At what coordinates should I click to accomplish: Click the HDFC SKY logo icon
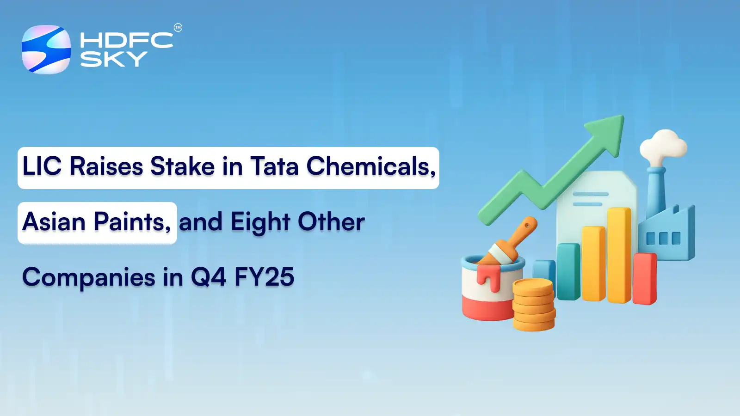pyautogui.click(x=46, y=49)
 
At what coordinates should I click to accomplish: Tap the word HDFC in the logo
pyautogui.click(x=126, y=40)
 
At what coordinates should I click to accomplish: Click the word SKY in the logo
pyautogui.click(x=114, y=59)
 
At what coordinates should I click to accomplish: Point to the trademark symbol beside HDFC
pyautogui.click(x=178, y=28)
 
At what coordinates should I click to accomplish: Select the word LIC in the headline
pyautogui.click(x=42, y=166)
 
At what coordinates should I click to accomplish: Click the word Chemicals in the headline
pyautogui.click(x=370, y=166)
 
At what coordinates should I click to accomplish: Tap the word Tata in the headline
pyautogui.click(x=274, y=166)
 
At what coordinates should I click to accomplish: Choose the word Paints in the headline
pyautogui.click(x=132, y=222)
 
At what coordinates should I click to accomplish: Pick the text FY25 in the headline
pyautogui.click(x=264, y=277)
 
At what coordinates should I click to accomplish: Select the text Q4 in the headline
pyautogui.click(x=208, y=277)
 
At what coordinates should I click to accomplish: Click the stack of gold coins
pyautogui.click(x=533, y=305)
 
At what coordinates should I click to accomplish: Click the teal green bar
pyautogui.click(x=568, y=272)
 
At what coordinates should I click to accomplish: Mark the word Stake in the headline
pyautogui.click(x=182, y=166)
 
